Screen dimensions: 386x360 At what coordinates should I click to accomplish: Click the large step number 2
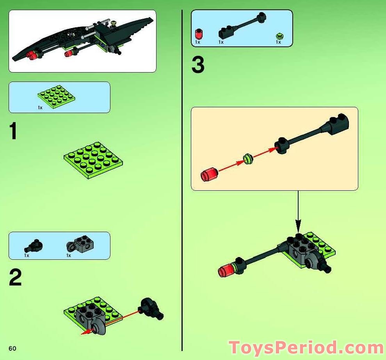pos(15,277)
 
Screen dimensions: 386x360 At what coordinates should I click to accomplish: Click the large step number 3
pos(198,65)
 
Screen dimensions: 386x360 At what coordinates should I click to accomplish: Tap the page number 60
pos(12,348)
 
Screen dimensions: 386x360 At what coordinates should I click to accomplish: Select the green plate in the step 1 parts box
pos(56,97)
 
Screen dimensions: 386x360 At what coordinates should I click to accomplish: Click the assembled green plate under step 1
pos(93,160)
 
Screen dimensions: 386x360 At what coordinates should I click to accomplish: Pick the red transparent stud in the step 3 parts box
pos(198,34)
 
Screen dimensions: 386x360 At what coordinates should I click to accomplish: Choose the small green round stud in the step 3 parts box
pos(279,36)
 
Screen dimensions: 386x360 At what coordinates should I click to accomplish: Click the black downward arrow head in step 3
pos(298,225)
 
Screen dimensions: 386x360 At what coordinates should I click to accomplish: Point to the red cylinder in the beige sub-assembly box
pos(209,174)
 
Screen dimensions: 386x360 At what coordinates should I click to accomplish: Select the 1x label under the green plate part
pos(40,108)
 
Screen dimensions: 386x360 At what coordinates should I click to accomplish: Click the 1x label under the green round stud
pos(278,42)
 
